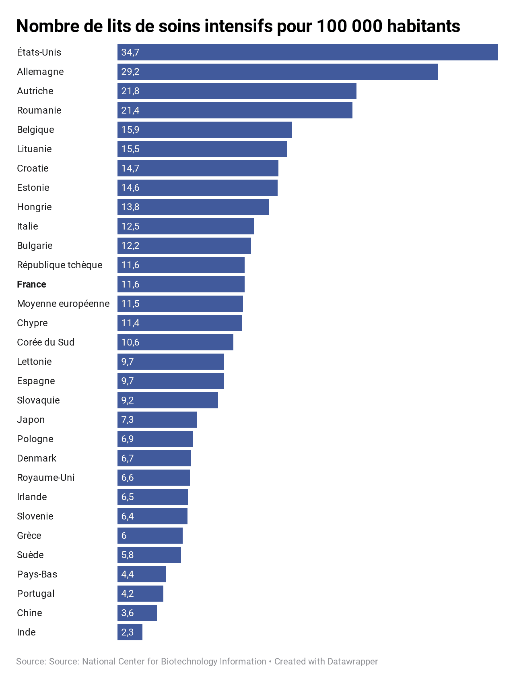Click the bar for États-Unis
[307, 52]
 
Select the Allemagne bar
[278, 72]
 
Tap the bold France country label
[31, 284]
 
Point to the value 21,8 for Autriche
[130, 91]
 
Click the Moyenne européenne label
[63, 304]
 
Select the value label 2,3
[128, 632]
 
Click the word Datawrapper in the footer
[352, 662]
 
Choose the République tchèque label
[60, 265]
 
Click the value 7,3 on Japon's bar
[128, 420]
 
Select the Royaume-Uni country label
[46, 478]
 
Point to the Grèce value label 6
[124, 536]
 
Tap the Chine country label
[29, 613]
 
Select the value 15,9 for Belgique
[130, 130]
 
